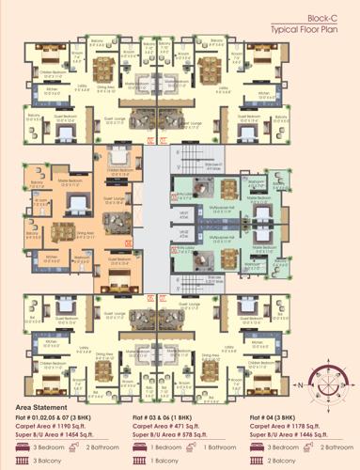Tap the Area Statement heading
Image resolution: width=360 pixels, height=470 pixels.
[x=46, y=406]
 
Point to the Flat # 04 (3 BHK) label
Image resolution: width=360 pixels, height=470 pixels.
[x=279, y=415]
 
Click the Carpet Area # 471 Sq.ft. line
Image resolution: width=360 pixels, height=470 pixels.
[x=175, y=425]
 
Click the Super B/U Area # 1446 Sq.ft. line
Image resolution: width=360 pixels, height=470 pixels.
[x=296, y=435]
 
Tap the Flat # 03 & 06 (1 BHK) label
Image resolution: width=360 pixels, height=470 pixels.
[x=169, y=415]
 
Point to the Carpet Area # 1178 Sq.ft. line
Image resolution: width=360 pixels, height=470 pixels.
[x=293, y=425]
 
